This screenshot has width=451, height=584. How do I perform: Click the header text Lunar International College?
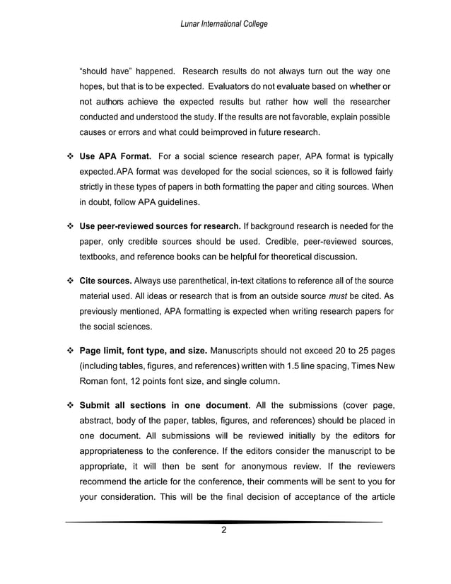[225, 24]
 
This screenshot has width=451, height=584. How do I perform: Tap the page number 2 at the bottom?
[224, 532]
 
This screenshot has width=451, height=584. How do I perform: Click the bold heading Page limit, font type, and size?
[143, 351]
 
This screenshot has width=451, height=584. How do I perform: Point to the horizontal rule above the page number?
[224, 522]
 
